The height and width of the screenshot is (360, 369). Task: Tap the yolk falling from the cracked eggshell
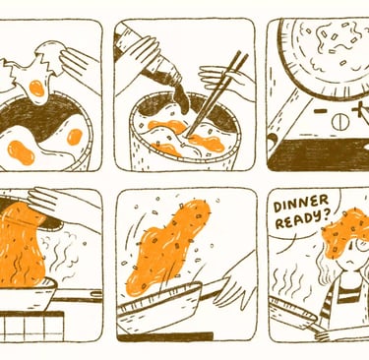tap(36, 89)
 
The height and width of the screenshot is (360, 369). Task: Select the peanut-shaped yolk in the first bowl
tap(21, 152)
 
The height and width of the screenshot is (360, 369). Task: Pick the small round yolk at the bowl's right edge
tap(75, 137)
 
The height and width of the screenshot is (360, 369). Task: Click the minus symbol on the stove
tap(320, 111)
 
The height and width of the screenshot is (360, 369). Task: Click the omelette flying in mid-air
tap(167, 248)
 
